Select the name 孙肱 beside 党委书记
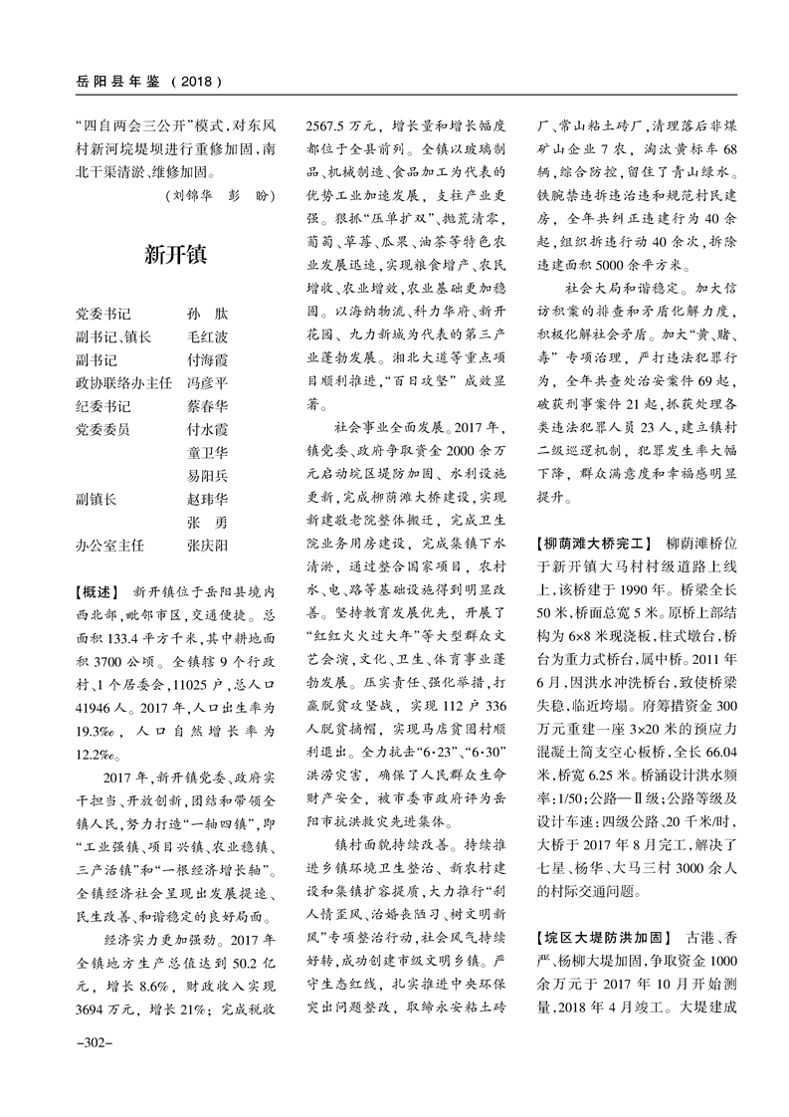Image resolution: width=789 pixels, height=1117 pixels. (x=207, y=314)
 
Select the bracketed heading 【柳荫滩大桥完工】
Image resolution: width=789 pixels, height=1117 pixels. (x=593, y=544)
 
